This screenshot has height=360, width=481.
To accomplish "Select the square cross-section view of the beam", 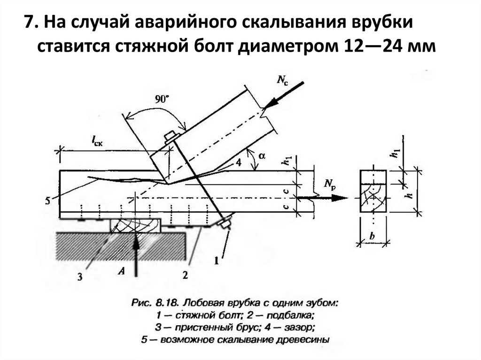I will tap(372, 192).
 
